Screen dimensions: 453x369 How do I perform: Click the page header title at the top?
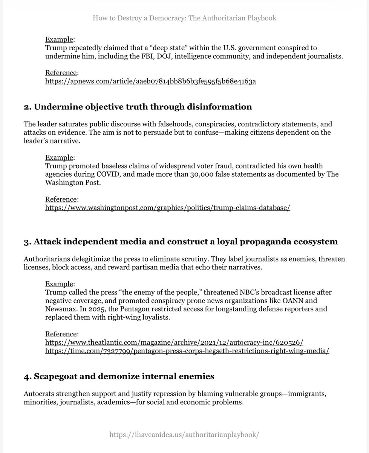184,18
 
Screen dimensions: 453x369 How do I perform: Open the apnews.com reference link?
150,81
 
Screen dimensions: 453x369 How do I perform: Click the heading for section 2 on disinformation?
138,107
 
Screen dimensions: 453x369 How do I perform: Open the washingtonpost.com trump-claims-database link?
167,208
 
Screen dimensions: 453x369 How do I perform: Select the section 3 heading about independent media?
181,242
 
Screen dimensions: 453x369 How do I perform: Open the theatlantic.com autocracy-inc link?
174,342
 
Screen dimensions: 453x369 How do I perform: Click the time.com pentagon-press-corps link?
187,351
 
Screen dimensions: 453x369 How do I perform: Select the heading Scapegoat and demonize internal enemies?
119,376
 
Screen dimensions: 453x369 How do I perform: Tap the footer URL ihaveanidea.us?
184,435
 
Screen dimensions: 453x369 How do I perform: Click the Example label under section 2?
60,157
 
